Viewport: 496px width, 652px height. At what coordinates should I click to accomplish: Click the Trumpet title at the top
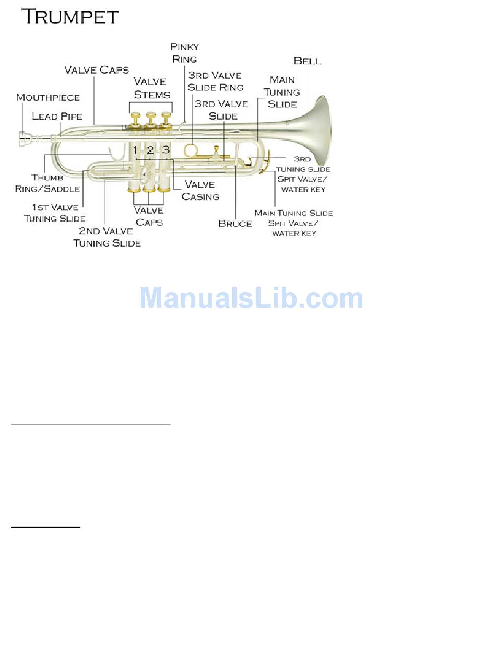click(x=70, y=16)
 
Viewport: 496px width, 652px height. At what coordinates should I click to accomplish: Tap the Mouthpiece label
click(x=48, y=98)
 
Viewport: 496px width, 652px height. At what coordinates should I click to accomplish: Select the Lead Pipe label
click(x=57, y=116)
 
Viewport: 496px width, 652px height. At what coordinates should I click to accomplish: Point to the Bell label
click(x=308, y=61)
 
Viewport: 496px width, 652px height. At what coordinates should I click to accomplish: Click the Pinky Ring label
click(x=184, y=53)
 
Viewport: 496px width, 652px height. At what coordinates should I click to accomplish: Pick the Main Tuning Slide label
click(x=282, y=91)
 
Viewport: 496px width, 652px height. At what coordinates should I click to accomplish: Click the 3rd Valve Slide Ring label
click(x=216, y=81)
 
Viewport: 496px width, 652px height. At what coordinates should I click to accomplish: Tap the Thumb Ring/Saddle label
click(x=48, y=183)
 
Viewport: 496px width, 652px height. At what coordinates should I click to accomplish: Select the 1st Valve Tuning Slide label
click(x=55, y=213)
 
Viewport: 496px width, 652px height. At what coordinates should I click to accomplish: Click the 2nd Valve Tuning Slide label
click(x=107, y=237)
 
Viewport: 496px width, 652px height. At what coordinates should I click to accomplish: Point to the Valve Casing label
click(x=200, y=190)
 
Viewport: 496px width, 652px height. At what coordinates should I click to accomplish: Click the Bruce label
click(x=235, y=224)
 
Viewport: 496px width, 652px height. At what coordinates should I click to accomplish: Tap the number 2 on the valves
click(x=150, y=150)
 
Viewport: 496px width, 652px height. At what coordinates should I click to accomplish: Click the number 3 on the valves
click(x=166, y=150)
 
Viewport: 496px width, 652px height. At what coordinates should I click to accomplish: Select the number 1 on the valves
click(x=135, y=150)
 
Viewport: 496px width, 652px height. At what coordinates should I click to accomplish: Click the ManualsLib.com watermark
click(x=251, y=298)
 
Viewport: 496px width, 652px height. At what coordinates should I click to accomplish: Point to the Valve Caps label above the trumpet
click(x=97, y=69)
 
